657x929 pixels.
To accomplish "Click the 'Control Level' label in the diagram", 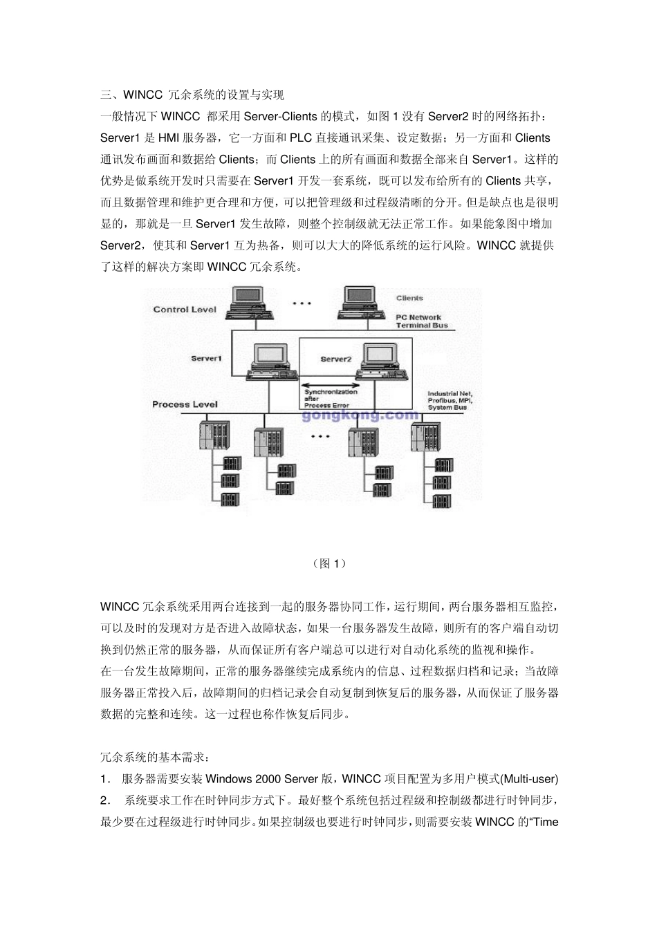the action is pyautogui.click(x=185, y=310).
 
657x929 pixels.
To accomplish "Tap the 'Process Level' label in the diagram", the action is pyautogui.click(x=185, y=404).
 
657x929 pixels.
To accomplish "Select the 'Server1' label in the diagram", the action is pyautogui.click(x=206, y=358).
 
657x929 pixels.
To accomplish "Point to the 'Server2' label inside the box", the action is pyautogui.click(x=336, y=359).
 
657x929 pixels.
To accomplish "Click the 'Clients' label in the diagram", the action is pyautogui.click(x=409, y=298).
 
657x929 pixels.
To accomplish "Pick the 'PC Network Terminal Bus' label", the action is pyautogui.click(x=421, y=321).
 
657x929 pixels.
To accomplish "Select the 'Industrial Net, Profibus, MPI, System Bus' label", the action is pyautogui.click(x=450, y=401).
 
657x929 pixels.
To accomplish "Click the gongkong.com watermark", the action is pyautogui.click(x=360, y=415).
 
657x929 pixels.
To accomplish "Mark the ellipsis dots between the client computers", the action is pyautogui.click(x=303, y=303).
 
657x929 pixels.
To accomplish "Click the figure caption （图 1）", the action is pyautogui.click(x=328, y=563).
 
